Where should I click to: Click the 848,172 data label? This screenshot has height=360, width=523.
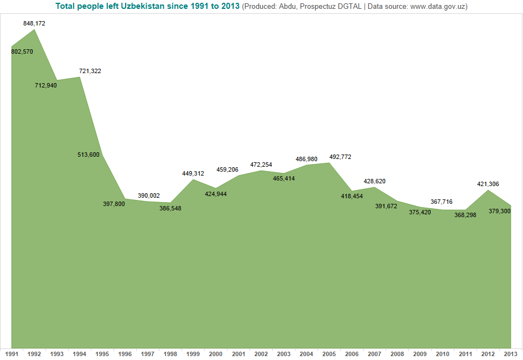(34, 24)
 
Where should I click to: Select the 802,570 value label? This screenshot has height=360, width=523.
(22, 52)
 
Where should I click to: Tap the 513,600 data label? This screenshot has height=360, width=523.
(89, 155)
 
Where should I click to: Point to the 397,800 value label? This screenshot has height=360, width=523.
(114, 204)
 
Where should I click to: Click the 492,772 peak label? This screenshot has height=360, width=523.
(340, 157)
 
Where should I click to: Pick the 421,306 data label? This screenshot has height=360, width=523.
(488, 184)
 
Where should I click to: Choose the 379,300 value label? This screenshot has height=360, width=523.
(500, 211)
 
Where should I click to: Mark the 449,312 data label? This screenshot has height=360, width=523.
(193, 173)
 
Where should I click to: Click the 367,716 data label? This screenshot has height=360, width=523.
(442, 202)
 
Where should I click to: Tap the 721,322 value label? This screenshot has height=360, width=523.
(90, 71)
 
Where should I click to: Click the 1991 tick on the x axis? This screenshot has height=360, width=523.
(12, 354)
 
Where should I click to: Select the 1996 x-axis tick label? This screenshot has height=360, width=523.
(125, 354)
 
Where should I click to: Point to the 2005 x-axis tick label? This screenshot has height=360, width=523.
(329, 354)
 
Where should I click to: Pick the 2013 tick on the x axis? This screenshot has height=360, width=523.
(510, 354)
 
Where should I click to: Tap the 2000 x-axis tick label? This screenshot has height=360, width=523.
(216, 354)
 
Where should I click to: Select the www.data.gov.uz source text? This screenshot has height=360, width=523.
(439, 6)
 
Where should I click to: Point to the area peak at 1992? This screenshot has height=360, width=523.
(34, 29)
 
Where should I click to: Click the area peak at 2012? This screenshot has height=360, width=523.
(488, 191)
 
